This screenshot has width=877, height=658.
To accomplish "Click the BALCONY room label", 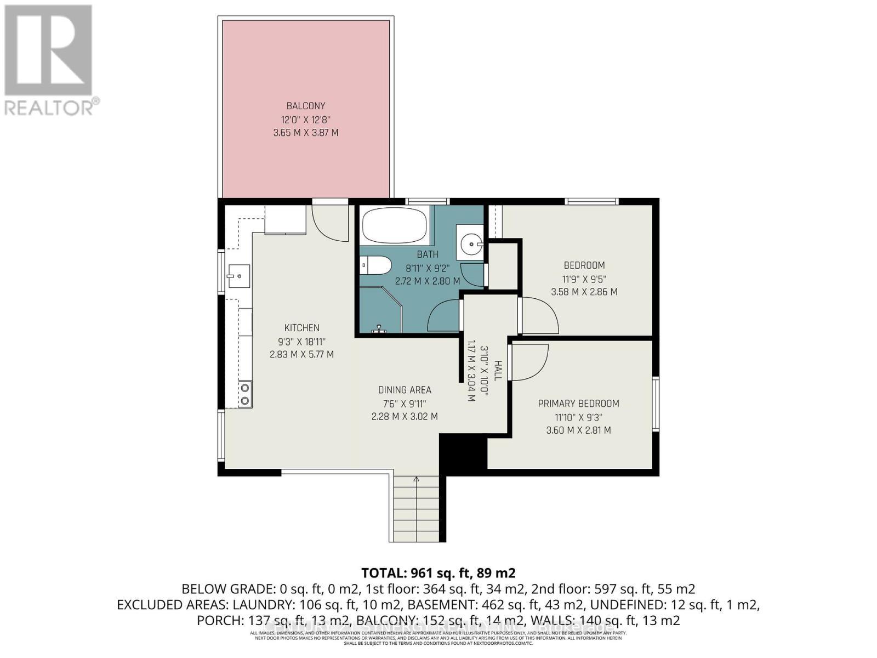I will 306,106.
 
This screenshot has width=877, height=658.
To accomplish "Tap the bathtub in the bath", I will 394,226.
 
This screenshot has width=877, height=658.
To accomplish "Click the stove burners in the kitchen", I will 245,394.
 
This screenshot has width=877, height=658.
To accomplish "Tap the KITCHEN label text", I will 301,328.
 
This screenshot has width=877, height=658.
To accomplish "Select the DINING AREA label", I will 405,390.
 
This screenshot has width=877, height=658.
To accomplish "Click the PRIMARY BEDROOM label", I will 578,404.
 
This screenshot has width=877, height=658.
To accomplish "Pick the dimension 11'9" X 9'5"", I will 584,279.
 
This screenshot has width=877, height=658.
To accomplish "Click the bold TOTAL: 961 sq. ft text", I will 438,573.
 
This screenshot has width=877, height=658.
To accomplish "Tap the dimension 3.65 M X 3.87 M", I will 306,133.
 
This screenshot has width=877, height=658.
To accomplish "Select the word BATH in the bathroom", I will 427,254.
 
